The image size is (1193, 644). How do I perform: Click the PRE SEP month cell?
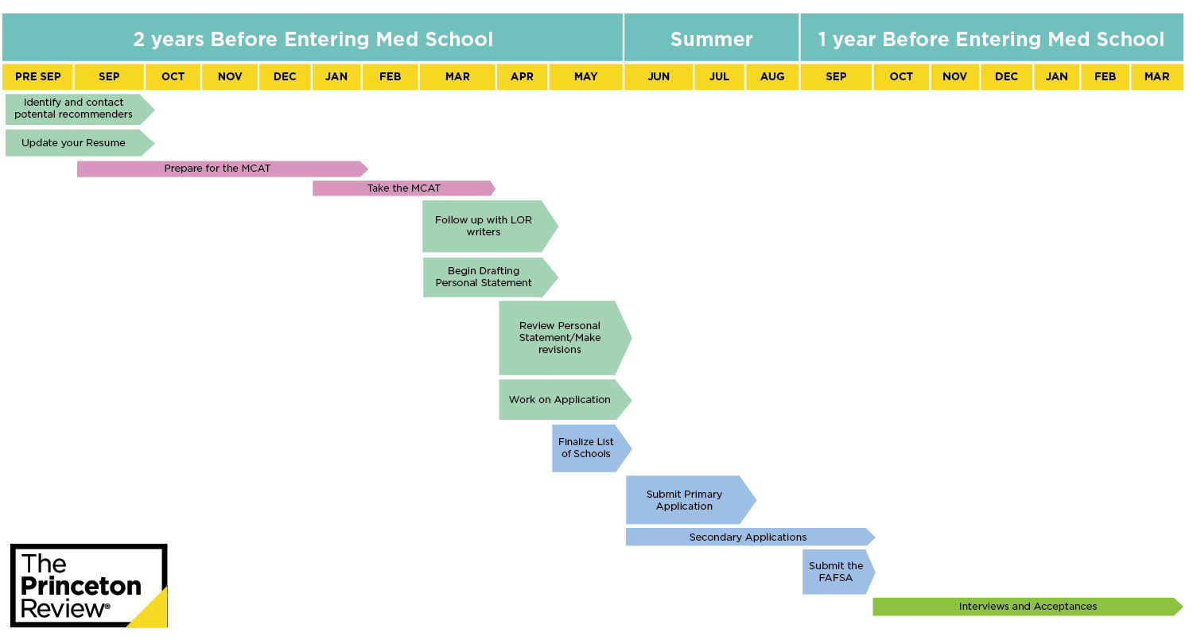tap(37, 76)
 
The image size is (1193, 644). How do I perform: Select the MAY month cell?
tap(586, 76)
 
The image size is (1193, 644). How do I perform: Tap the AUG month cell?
tap(772, 76)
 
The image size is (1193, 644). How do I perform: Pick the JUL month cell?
tap(719, 76)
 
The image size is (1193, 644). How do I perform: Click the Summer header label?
tap(712, 40)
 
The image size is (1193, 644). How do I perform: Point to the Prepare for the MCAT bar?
tap(222, 169)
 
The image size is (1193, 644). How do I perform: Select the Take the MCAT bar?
tap(404, 188)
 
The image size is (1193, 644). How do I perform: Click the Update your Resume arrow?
tap(80, 142)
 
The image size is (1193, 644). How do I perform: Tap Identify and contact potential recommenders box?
tap(80, 109)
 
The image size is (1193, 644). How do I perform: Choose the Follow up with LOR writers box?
tap(490, 227)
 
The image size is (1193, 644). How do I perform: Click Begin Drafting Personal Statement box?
tap(490, 277)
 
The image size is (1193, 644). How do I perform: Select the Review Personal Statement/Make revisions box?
tap(565, 338)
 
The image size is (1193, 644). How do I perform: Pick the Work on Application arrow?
tap(565, 400)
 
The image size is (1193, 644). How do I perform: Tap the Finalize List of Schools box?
tap(592, 448)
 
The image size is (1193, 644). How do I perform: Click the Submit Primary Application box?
tap(691, 500)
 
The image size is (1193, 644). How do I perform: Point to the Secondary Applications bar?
tap(750, 537)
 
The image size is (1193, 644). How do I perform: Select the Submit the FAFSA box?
tap(838, 572)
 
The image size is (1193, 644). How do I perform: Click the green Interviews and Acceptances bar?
tap(1028, 607)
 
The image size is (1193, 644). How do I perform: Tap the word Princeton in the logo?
tap(81, 587)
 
